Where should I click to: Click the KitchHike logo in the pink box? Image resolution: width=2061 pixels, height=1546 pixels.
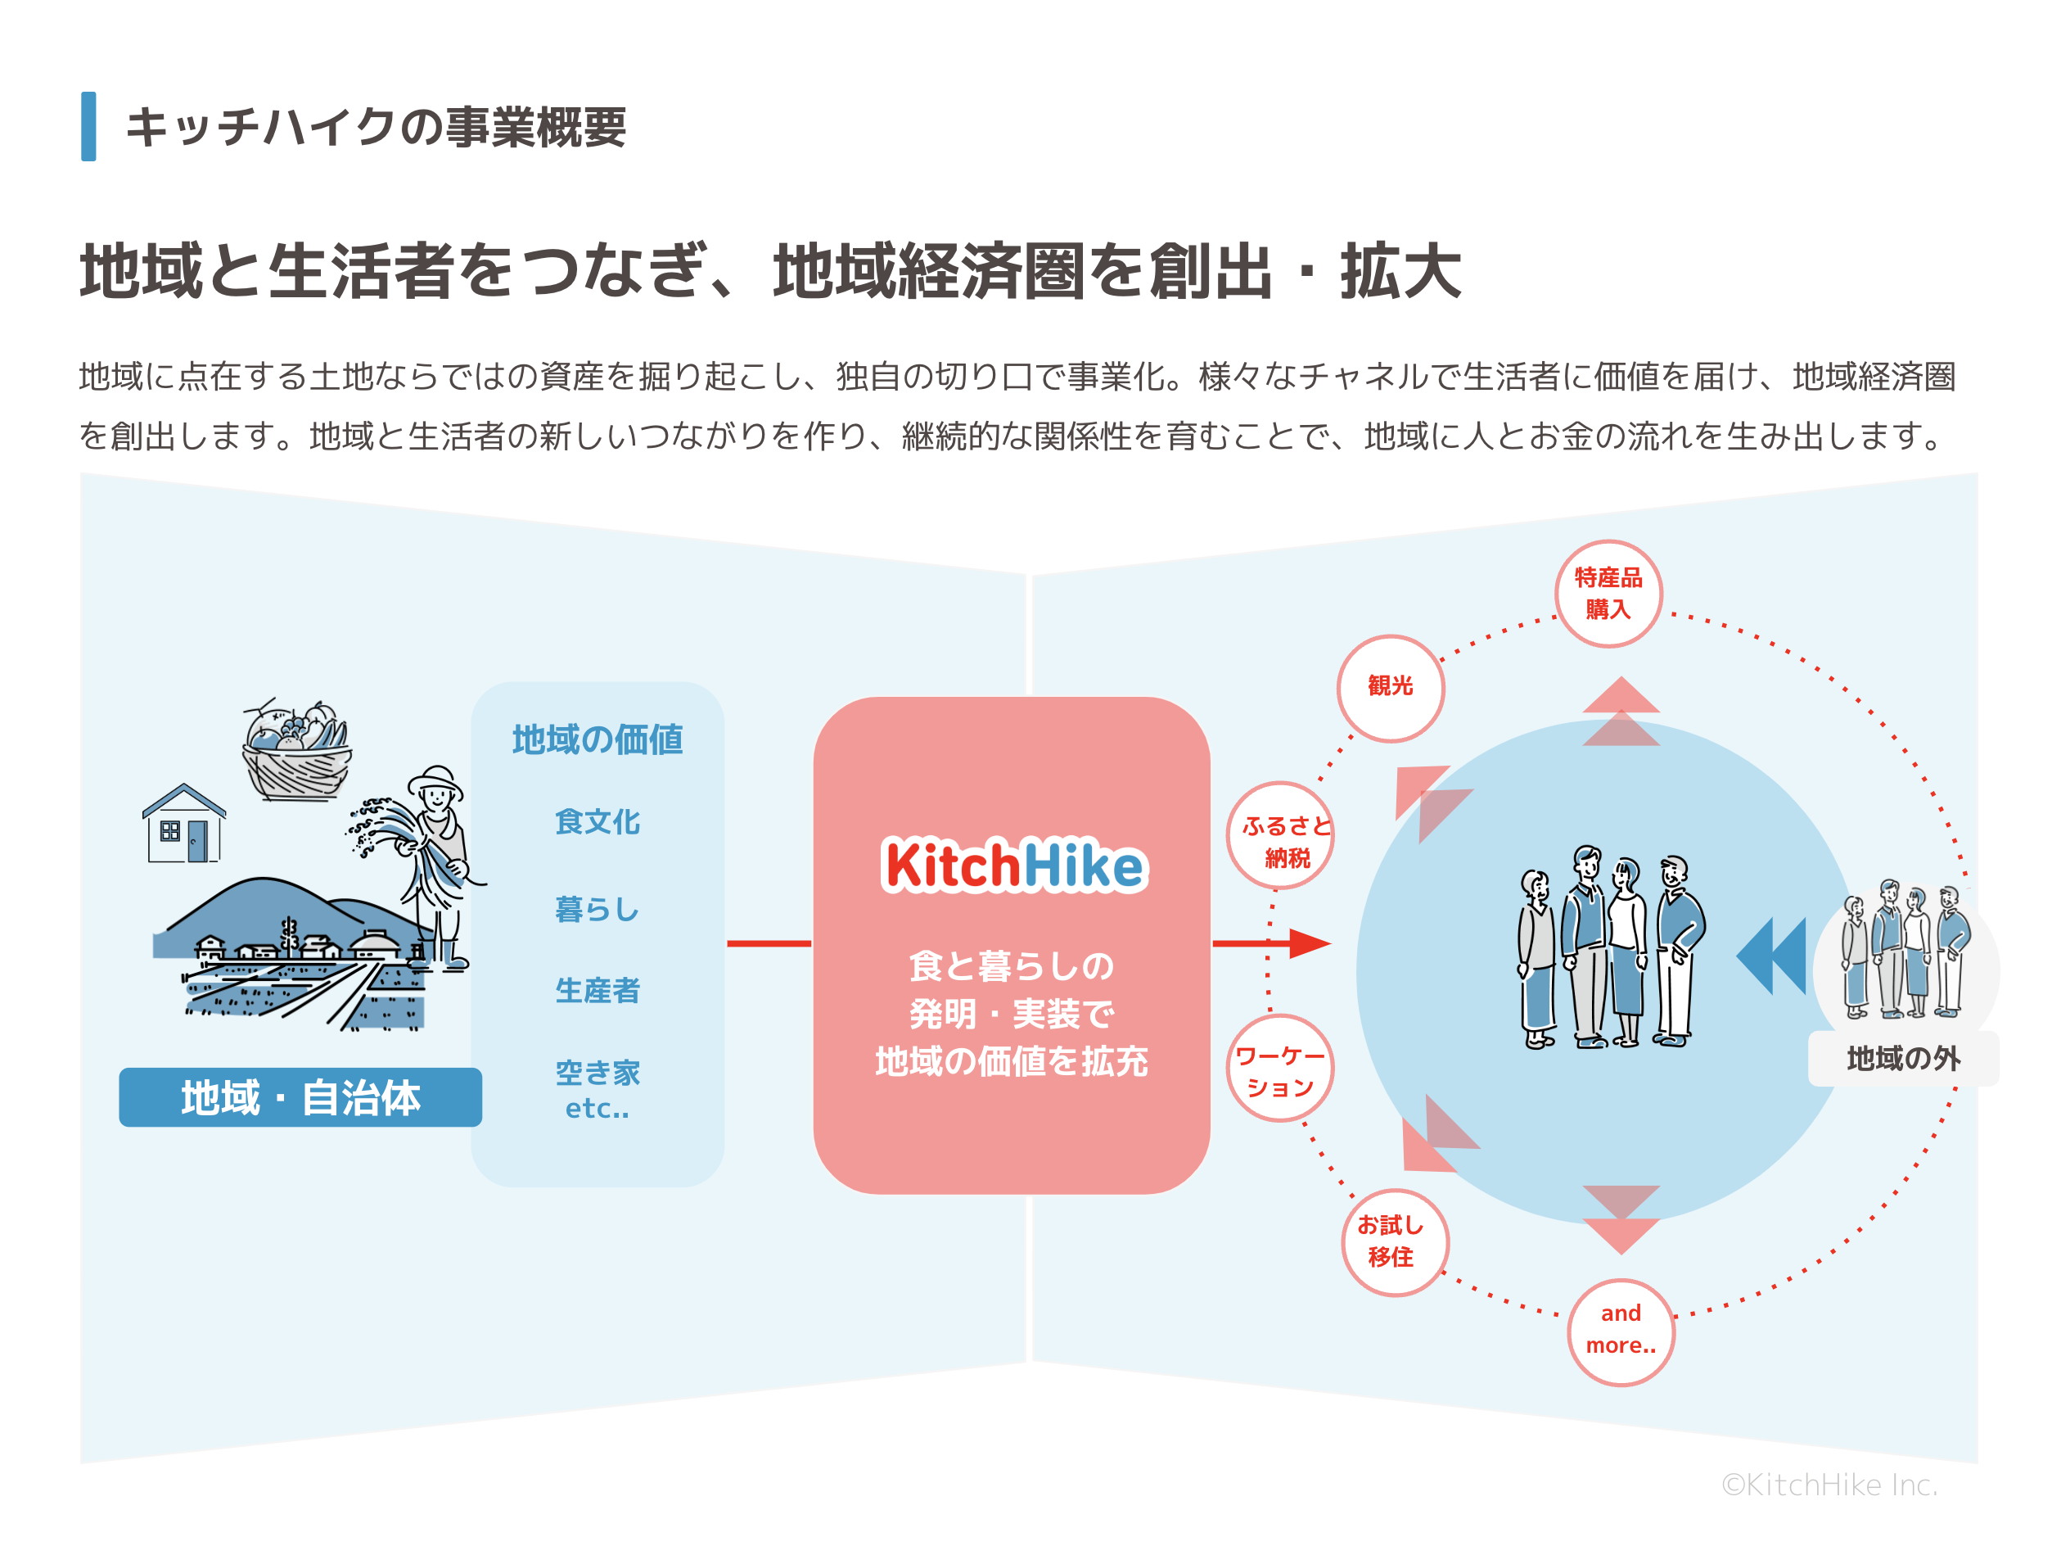pos(1014,865)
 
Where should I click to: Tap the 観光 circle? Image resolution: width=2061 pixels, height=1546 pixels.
pos(1390,688)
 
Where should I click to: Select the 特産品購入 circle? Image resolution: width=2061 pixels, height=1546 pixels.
pos(1608,594)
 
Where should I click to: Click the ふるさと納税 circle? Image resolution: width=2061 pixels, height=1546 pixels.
pos(1281,836)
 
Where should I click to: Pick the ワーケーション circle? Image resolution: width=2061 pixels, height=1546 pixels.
pos(1280,1069)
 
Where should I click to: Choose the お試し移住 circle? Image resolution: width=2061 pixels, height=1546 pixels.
pos(1395,1241)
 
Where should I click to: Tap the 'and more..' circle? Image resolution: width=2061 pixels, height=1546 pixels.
pos(1621,1331)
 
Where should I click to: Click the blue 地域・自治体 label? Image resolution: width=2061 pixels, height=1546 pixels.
pos(300,1096)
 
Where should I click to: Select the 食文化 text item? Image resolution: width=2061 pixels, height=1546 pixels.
pos(598,822)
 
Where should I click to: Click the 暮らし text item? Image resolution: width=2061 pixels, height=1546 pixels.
pos(598,909)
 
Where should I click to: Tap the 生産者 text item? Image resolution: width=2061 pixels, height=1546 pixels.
pos(598,990)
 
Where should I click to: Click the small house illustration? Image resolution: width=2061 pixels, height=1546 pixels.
pos(183,824)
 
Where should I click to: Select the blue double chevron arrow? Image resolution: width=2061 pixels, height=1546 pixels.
pos(1771,955)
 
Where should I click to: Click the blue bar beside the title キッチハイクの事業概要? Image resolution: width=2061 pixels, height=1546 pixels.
pos(88,127)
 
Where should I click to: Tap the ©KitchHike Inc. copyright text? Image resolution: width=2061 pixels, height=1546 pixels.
pos(1829,1485)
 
